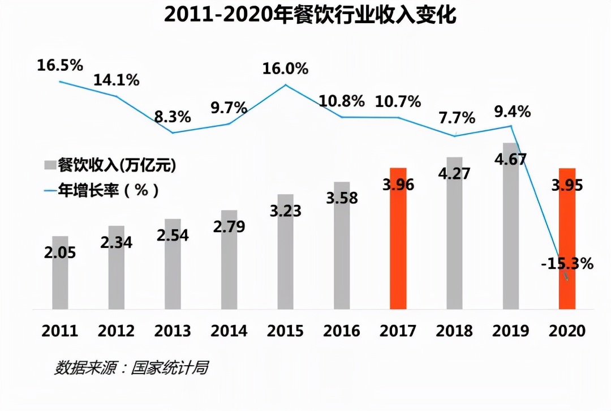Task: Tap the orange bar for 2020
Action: tap(567, 238)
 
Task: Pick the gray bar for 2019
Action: tap(511, 238)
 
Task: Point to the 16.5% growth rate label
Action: tap(60, 65)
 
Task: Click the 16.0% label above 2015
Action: tap(285, 69)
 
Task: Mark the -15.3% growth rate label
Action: tap(568, 263)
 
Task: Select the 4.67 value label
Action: tap(511, 159)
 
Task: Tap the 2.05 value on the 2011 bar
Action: tap(60, 252)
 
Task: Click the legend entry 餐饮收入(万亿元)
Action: tap(110, 165)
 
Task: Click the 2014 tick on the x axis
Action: tap(229, 331)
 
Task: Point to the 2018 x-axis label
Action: tap(454, 331)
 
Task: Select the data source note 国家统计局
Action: tap(131, 368)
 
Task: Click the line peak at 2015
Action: tap(285, 85)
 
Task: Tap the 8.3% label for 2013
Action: tap(173, 118)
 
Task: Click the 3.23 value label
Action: tap(285, 211)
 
